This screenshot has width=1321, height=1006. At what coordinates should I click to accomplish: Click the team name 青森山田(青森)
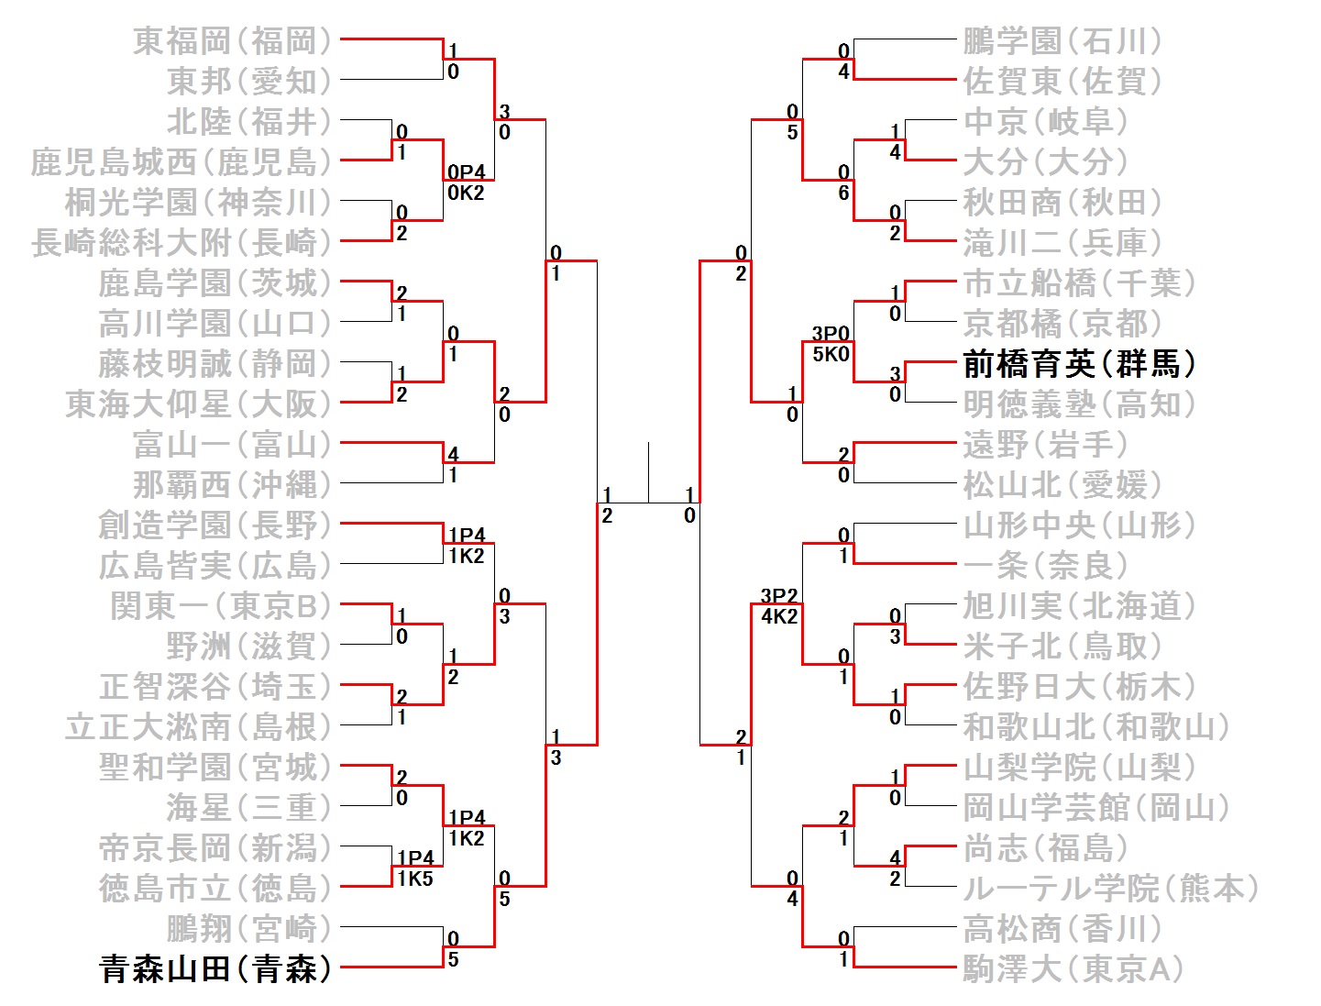pos(215,968)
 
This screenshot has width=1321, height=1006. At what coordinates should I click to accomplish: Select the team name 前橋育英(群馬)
pos(1079,364)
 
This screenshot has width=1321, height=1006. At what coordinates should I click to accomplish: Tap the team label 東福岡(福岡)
pos(232,40)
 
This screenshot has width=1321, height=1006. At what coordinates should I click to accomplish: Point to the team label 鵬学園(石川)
pos(1062,41)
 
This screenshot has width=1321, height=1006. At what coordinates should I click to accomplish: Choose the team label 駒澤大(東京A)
pos(1073,968)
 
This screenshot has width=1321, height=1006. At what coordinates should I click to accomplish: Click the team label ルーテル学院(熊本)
pos(1110,888)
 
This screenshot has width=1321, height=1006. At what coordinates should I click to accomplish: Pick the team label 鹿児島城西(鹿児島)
pos(181,162)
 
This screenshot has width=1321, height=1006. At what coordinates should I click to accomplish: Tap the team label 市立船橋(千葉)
pos(1079,283)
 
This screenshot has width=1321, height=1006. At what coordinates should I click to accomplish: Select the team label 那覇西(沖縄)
pos(232,484)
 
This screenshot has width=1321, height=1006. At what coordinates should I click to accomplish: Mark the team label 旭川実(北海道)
pos(1079,606)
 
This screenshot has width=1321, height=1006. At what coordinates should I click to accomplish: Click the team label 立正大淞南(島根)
pos(198,726)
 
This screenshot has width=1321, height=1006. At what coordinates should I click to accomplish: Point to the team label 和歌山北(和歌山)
pos(1095,726)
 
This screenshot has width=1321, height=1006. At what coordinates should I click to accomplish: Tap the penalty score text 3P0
pos(831,334)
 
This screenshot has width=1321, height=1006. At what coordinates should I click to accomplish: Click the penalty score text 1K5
pos(414,879)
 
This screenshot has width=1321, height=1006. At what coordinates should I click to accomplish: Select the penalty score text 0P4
pos(466,172)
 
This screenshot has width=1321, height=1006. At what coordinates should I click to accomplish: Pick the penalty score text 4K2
pos(779,616)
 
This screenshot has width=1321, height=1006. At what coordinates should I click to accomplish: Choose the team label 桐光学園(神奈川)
pos(198,203)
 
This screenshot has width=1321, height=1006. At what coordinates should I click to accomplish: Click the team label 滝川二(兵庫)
pos(1062,243)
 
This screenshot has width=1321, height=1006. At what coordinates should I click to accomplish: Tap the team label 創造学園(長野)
pos(215,525)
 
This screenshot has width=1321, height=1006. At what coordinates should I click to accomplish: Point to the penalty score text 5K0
pos(831,354)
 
